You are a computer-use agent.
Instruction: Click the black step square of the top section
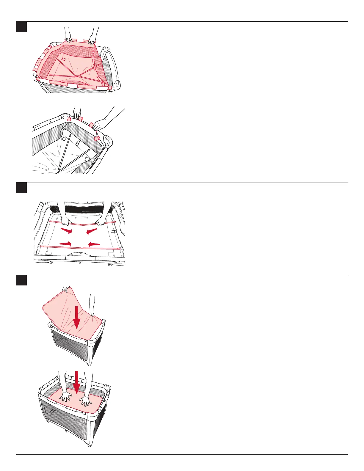coord(21,27)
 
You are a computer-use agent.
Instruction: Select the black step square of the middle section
coord(21,188)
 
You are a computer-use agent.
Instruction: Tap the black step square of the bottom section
coord(21,280)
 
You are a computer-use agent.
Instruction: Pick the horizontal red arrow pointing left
coord(94,244)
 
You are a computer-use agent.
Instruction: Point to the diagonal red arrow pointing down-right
coord(66,230)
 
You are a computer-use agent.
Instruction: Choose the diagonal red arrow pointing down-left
coord(92,230)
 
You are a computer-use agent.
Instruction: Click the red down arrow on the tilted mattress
coord(77,317)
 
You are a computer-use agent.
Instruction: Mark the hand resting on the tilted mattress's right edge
coord(92,313)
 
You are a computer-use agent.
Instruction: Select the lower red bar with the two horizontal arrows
coord(80,247)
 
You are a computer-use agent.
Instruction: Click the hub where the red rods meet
coord(77,76)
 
